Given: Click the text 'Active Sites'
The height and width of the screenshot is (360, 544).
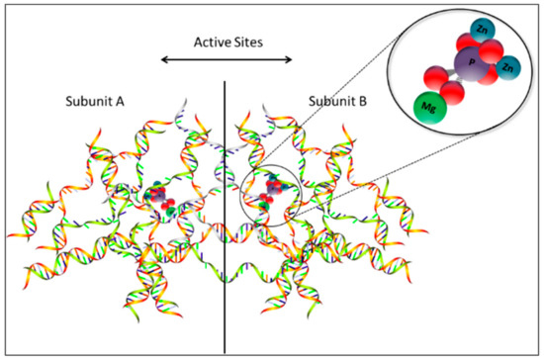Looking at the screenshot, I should (226, 43).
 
